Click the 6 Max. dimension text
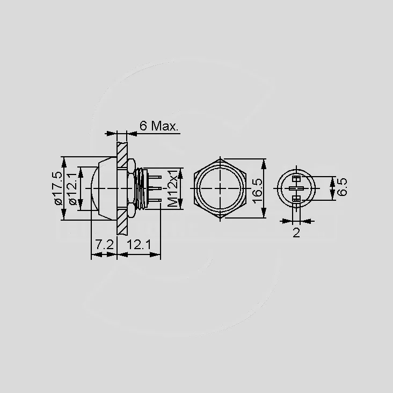[x=159, y=126]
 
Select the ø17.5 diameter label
[x=57, y=188]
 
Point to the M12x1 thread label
[x=172, y=188]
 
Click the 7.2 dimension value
[x=104, y=244]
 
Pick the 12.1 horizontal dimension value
[x=139, y=244]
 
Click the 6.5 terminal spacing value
[x=342, y=187]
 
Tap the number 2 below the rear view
[x=296, y=233]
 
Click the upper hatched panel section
[x=122, y=155]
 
